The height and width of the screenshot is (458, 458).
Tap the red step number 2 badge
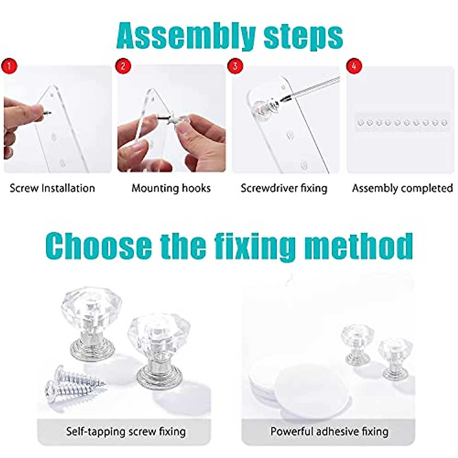(123, 66)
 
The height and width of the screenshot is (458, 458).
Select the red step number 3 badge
(235, 66)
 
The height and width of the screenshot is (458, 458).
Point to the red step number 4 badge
(354, 66)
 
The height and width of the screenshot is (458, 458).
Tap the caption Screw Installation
(52, 188)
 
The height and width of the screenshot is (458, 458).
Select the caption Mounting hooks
(171, 188)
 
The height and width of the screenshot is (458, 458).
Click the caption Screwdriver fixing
(284, 188)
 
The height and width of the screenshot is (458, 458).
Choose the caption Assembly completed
(402, 188)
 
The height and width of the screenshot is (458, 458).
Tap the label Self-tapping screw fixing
(126, 432)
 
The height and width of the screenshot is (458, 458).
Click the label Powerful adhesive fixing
(329, 432)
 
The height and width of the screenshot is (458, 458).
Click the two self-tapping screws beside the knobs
(74, 384)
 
